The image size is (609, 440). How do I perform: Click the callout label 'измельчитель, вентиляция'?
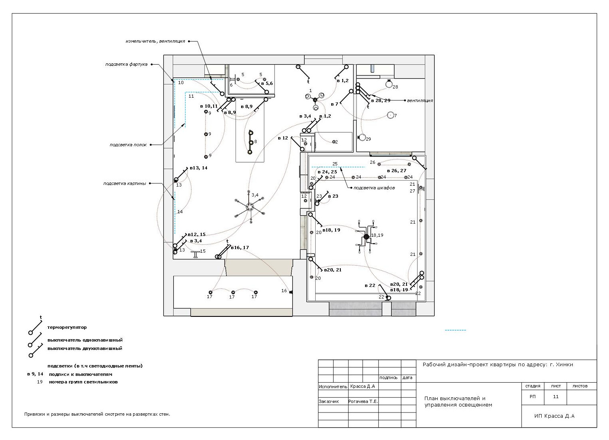click(x=155, y=41)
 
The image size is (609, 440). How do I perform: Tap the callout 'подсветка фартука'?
click(x=126, y=65)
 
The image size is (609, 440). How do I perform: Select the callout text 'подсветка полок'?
click(x=128, y=145)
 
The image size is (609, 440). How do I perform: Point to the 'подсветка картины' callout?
click(x=124, y=184)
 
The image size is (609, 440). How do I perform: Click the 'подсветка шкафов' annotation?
click(x=374, y=188)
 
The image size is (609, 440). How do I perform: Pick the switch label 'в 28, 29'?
click(x=381, y=100)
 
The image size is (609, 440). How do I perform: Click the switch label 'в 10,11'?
click(x=209, y=106)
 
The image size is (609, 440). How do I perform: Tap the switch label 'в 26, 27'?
click(x=397, y=171)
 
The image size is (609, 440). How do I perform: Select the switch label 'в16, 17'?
click(x=240, y=248)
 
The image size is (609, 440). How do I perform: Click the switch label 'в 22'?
click(x=370, y=285)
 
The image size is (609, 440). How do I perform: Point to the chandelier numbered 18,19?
click(x=366, y=237)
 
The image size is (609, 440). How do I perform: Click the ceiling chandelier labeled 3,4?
click(x=249, y=207)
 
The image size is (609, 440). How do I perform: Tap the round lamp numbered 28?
click(x=389, y=84)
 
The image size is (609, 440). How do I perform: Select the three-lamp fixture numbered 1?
click(x=315, y=100)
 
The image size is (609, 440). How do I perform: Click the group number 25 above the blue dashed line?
click(x=335, y=164)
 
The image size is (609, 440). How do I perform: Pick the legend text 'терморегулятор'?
click(x=67, y=328)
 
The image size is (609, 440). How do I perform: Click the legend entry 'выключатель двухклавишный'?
click(x=85, y=349)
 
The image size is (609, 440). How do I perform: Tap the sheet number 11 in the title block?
click(x=556, y=397)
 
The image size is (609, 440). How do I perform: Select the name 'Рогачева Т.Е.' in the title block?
click(x=363, y=401)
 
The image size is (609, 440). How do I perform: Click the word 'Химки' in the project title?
click(x=565, y=365)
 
